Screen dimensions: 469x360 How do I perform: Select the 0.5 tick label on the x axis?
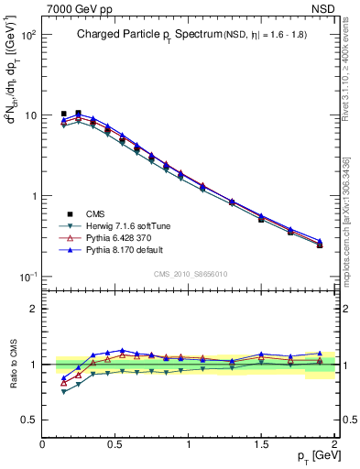coord(115,444)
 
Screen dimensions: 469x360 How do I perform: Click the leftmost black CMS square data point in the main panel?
coord(63,114)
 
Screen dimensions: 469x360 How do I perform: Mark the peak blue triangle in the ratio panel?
coord(122,351)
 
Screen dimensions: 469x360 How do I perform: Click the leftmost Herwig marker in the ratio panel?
coord(63,392)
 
